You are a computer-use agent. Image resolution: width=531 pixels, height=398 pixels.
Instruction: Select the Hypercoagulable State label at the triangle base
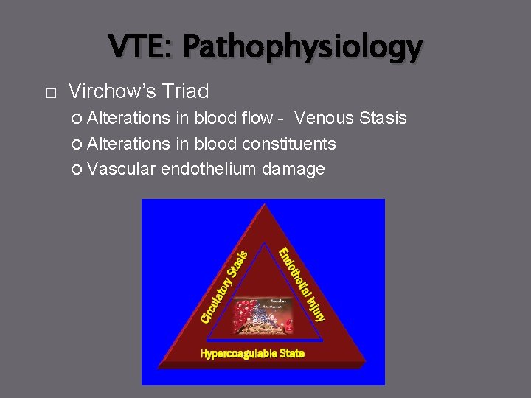[252, 354]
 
